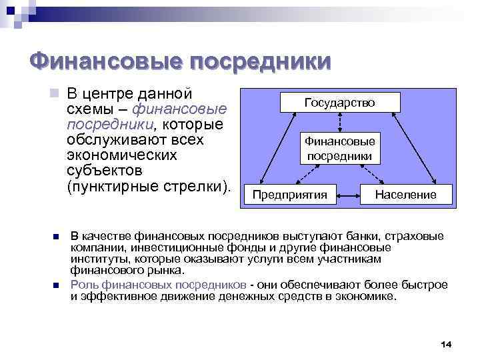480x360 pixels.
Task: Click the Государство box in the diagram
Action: tap(340, 102)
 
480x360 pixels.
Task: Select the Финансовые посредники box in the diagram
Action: tap(340, 149)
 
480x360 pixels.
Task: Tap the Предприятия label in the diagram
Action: tap(289, 195)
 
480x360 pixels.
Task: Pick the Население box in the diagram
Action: tap(406, 195)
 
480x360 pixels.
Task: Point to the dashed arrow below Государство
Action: tap(340, 122)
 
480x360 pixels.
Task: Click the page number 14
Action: tap(446, 343)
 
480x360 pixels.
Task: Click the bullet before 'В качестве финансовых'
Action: tap(57, 237)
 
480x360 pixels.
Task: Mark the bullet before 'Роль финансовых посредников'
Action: tap(57, 285)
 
